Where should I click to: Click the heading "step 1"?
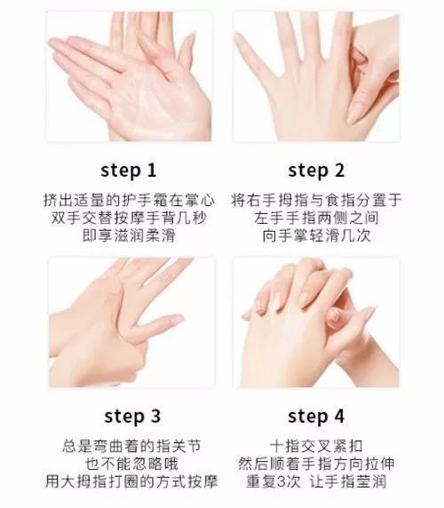click(x=129, y=171)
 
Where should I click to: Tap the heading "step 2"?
click(x=316, y=171)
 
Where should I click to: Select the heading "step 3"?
click(x=132, y=416)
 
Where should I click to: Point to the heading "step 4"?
click(x=316, y=416)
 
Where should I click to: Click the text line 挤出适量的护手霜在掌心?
click(x=129, y=200)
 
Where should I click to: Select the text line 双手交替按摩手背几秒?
click(x=129, y=218)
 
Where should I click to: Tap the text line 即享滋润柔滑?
click(x=129, y=235)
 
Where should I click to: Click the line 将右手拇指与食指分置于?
click(x=316, y=200)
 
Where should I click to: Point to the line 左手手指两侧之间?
click(x=316, y=218)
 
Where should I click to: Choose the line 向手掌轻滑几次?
click(x=316, y=235)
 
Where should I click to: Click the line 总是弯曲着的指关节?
click(x=131, y=446)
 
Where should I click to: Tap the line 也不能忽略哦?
click(x=131, y=464)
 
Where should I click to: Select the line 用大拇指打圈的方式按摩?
click(x=131, y=481)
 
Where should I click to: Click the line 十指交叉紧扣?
click(x=316, y=446)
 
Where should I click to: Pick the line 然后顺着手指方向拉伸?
click(x=316, y=464)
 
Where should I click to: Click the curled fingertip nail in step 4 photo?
click(x=334, y=316)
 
